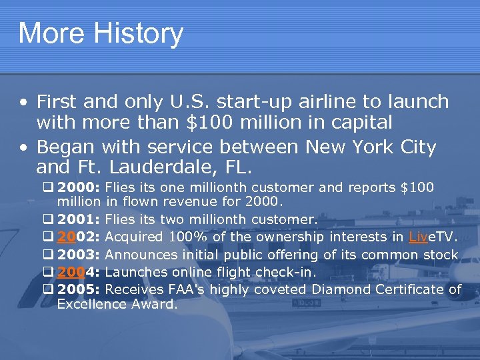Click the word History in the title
[137, 33]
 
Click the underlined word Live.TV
[433, 237]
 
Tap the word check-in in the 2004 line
[291, 272]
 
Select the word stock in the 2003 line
[439, 255]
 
